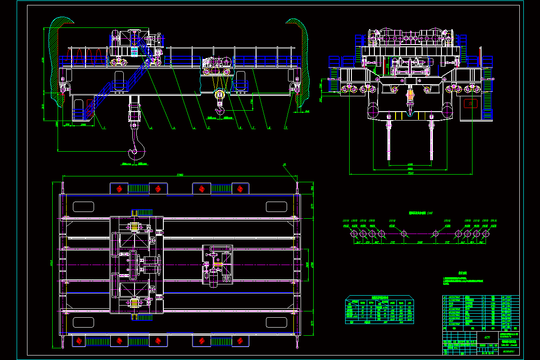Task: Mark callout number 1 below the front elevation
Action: point(104,128)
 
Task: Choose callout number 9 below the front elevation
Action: point(286,128)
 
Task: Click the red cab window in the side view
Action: point(470,103)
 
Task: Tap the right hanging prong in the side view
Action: point(432,139)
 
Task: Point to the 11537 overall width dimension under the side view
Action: point(410,173)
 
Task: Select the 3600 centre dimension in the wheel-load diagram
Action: point(419,242)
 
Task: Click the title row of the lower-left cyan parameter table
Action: point(379,297)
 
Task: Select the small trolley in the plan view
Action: point(217,265)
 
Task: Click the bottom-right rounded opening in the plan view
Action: point(276,322)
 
